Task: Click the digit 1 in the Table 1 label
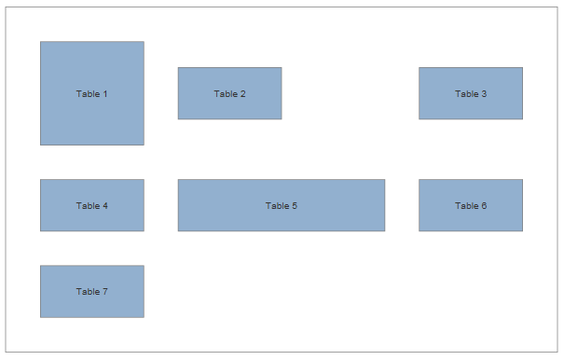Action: click(105, 94)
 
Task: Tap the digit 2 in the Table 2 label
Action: click(242, 94)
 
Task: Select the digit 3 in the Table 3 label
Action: click(484, 94)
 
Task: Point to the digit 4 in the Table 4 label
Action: click(105, 206)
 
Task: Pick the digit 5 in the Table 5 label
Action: click(295, 206)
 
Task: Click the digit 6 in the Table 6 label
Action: click(484, 206)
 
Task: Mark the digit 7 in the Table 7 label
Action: click(105, 292)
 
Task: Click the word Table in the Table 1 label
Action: click(88, 94)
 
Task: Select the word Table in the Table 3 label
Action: click(466, 94)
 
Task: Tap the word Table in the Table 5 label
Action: click(277, 206)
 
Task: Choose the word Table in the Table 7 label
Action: click(88, 292)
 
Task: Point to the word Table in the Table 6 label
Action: click(466, 206)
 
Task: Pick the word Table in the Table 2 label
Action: click(225, 94)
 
